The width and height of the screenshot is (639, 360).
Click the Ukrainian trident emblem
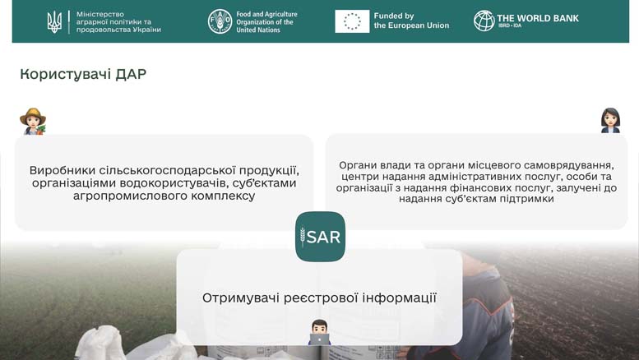point(54,22)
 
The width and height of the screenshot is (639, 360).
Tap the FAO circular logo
point(220,21)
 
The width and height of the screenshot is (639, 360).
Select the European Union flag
point(352,21)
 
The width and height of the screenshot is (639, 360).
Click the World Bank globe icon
point(484,21)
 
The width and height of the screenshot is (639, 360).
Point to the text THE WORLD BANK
point(538,18)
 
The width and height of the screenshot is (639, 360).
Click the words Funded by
point(394,16)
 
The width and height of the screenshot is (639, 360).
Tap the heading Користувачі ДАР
point(83,74)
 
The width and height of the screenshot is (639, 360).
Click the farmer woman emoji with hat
point(33,121)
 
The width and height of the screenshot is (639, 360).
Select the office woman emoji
point(610,120)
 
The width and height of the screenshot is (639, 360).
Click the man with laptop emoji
point(319,332)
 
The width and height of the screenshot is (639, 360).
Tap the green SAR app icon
point(320,237)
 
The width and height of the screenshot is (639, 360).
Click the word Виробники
point(63,170)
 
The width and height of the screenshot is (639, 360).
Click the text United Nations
point(258,30)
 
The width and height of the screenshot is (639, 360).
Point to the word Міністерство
point(100,14)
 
